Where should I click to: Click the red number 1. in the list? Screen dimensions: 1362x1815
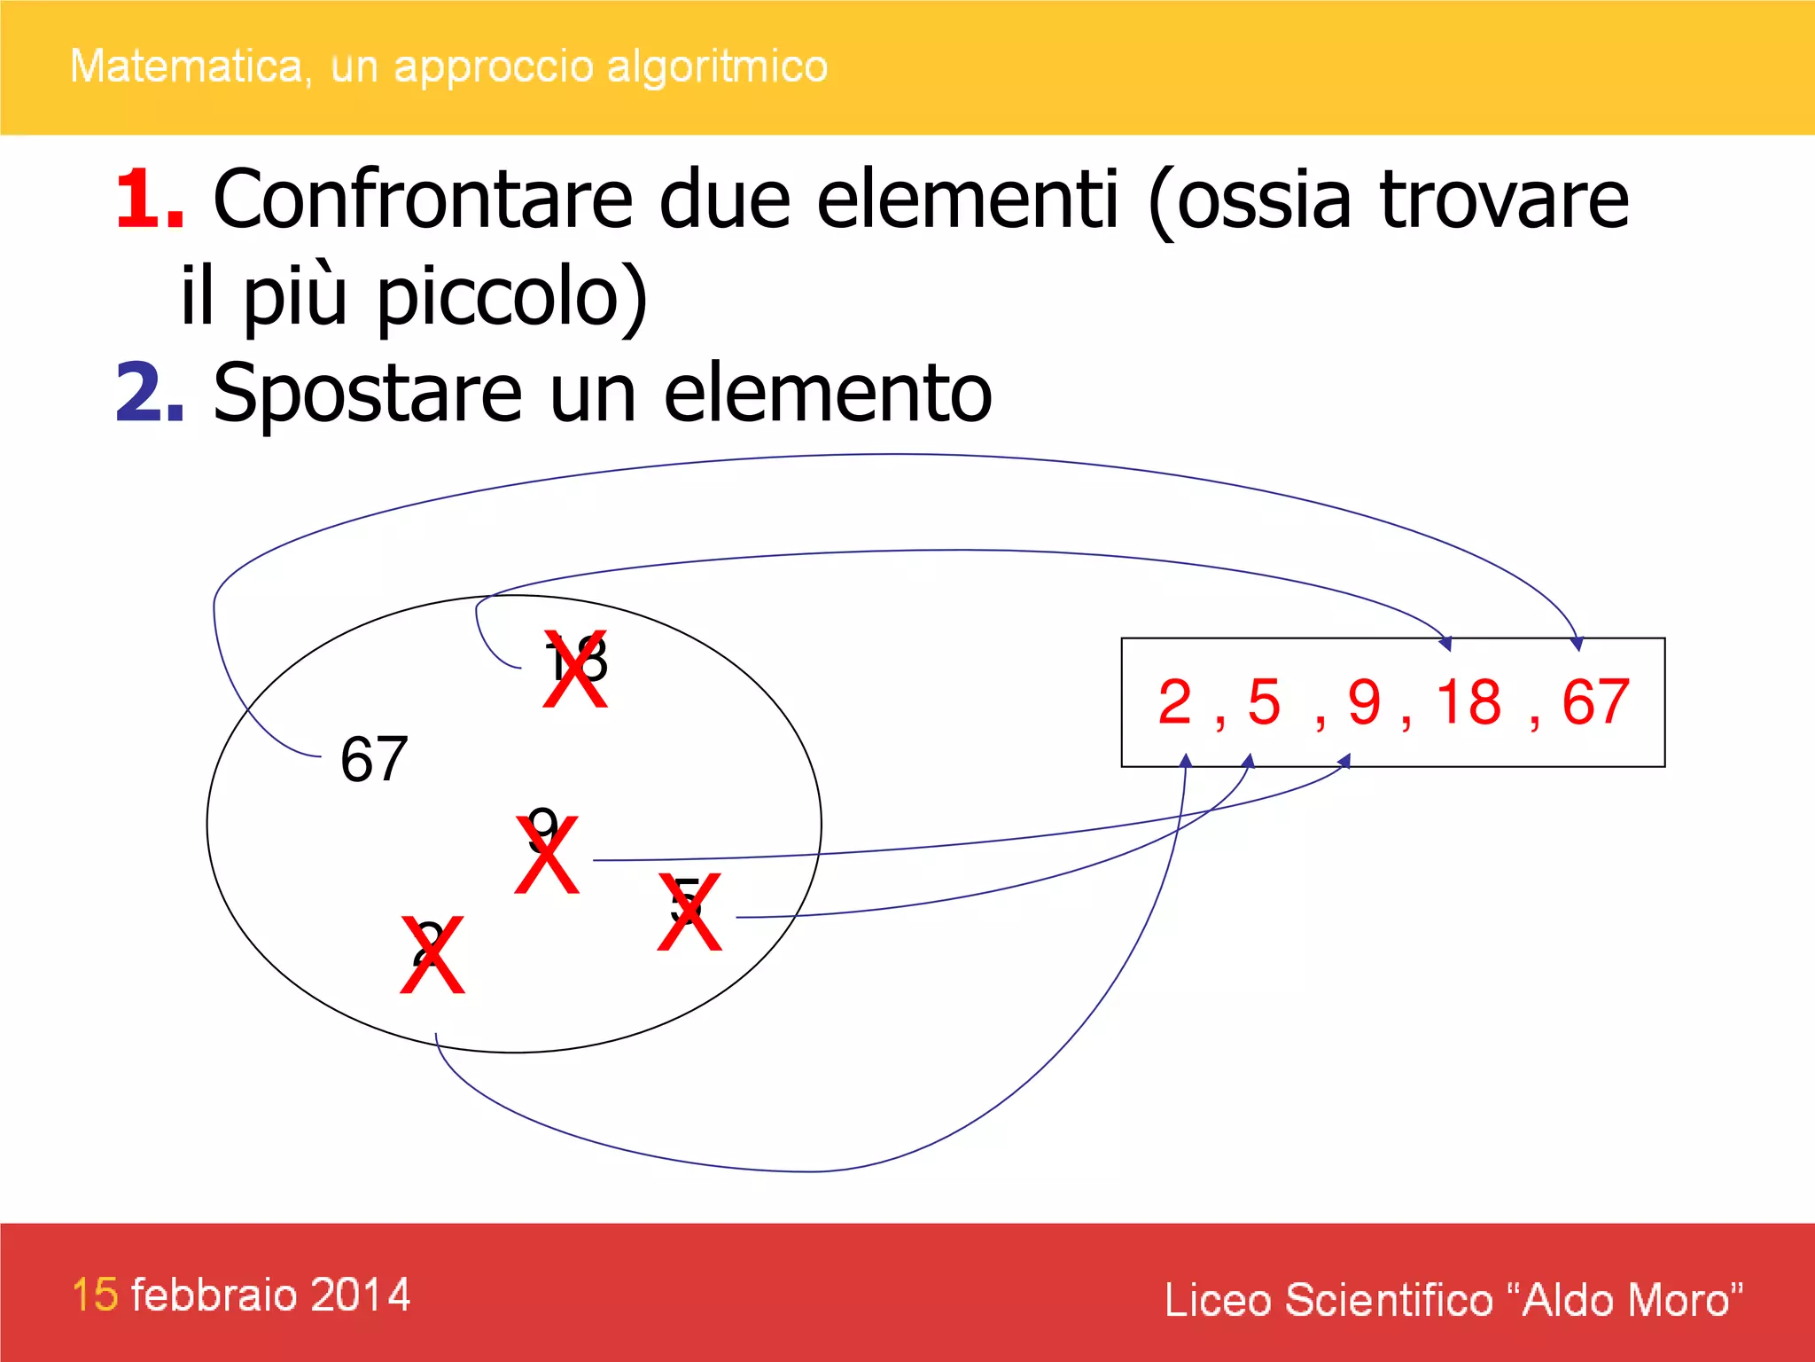149,200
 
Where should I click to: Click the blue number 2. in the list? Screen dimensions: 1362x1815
149,393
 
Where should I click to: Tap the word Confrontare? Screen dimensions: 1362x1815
423,200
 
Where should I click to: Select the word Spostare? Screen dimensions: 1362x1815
368,395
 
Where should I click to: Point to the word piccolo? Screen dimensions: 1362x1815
511,297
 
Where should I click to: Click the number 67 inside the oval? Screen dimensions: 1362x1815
374,760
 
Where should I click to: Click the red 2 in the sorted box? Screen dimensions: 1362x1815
1175,702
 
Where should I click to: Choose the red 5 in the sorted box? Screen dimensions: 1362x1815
1265,702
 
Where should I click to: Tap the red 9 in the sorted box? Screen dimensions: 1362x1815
1365,702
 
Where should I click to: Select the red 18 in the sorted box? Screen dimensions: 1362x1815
1469,702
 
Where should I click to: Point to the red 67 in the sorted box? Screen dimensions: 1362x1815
1595,702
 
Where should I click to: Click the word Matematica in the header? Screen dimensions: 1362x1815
186,67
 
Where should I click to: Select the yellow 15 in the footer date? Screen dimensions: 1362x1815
95,1295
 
